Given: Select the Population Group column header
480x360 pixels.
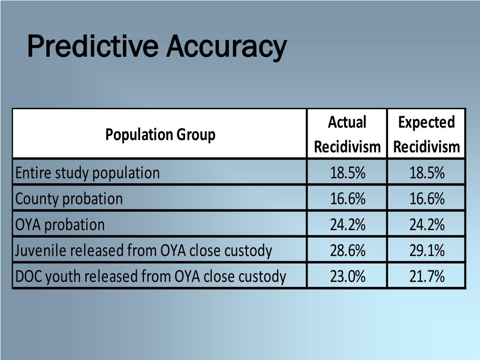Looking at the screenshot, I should point(160,135).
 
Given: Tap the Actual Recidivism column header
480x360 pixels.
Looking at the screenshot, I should point(347,135).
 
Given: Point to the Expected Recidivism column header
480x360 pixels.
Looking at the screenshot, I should point(426,135).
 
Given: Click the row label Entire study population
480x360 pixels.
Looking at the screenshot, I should point(88,173).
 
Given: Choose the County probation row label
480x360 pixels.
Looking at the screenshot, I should point(69,199).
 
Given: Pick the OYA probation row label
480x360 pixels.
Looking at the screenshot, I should point(60,225).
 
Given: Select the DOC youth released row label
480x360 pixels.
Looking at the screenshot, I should point(150,277).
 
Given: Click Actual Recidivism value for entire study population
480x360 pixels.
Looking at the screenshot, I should point(347,173).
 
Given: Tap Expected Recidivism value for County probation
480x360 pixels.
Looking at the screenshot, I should point(427,199).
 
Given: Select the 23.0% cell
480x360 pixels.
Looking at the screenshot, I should point(347,277).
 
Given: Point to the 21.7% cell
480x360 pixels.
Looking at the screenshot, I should point(427,277).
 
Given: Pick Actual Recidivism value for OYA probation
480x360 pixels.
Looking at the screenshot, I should point(347,225).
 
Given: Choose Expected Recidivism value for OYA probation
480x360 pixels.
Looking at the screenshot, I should point(427,225).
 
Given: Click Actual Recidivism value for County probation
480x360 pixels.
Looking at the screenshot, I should point(347,199).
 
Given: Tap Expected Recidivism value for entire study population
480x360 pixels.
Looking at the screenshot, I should point(427,173).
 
